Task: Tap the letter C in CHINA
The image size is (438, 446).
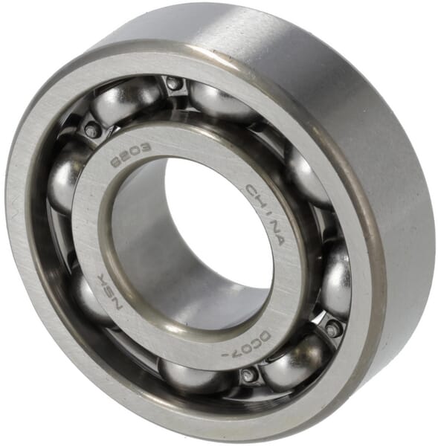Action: [x=251, y=188]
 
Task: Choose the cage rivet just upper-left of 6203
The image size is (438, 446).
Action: [x=92, y=130]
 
